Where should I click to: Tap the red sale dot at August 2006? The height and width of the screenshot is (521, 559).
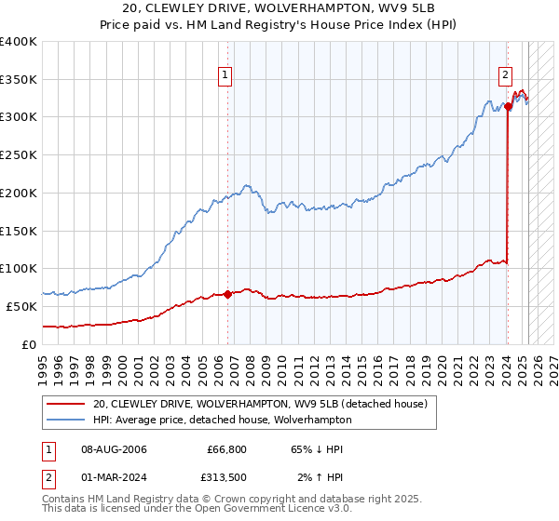[227, 294]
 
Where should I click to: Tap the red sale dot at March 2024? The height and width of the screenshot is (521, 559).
[508, 107]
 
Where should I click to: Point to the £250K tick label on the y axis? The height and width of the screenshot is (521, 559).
[18, 155]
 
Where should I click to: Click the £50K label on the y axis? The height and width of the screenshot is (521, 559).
[21, 306]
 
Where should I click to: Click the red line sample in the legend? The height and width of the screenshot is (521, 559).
[67, 404]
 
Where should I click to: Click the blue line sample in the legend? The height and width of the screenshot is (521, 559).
[67, 420]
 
